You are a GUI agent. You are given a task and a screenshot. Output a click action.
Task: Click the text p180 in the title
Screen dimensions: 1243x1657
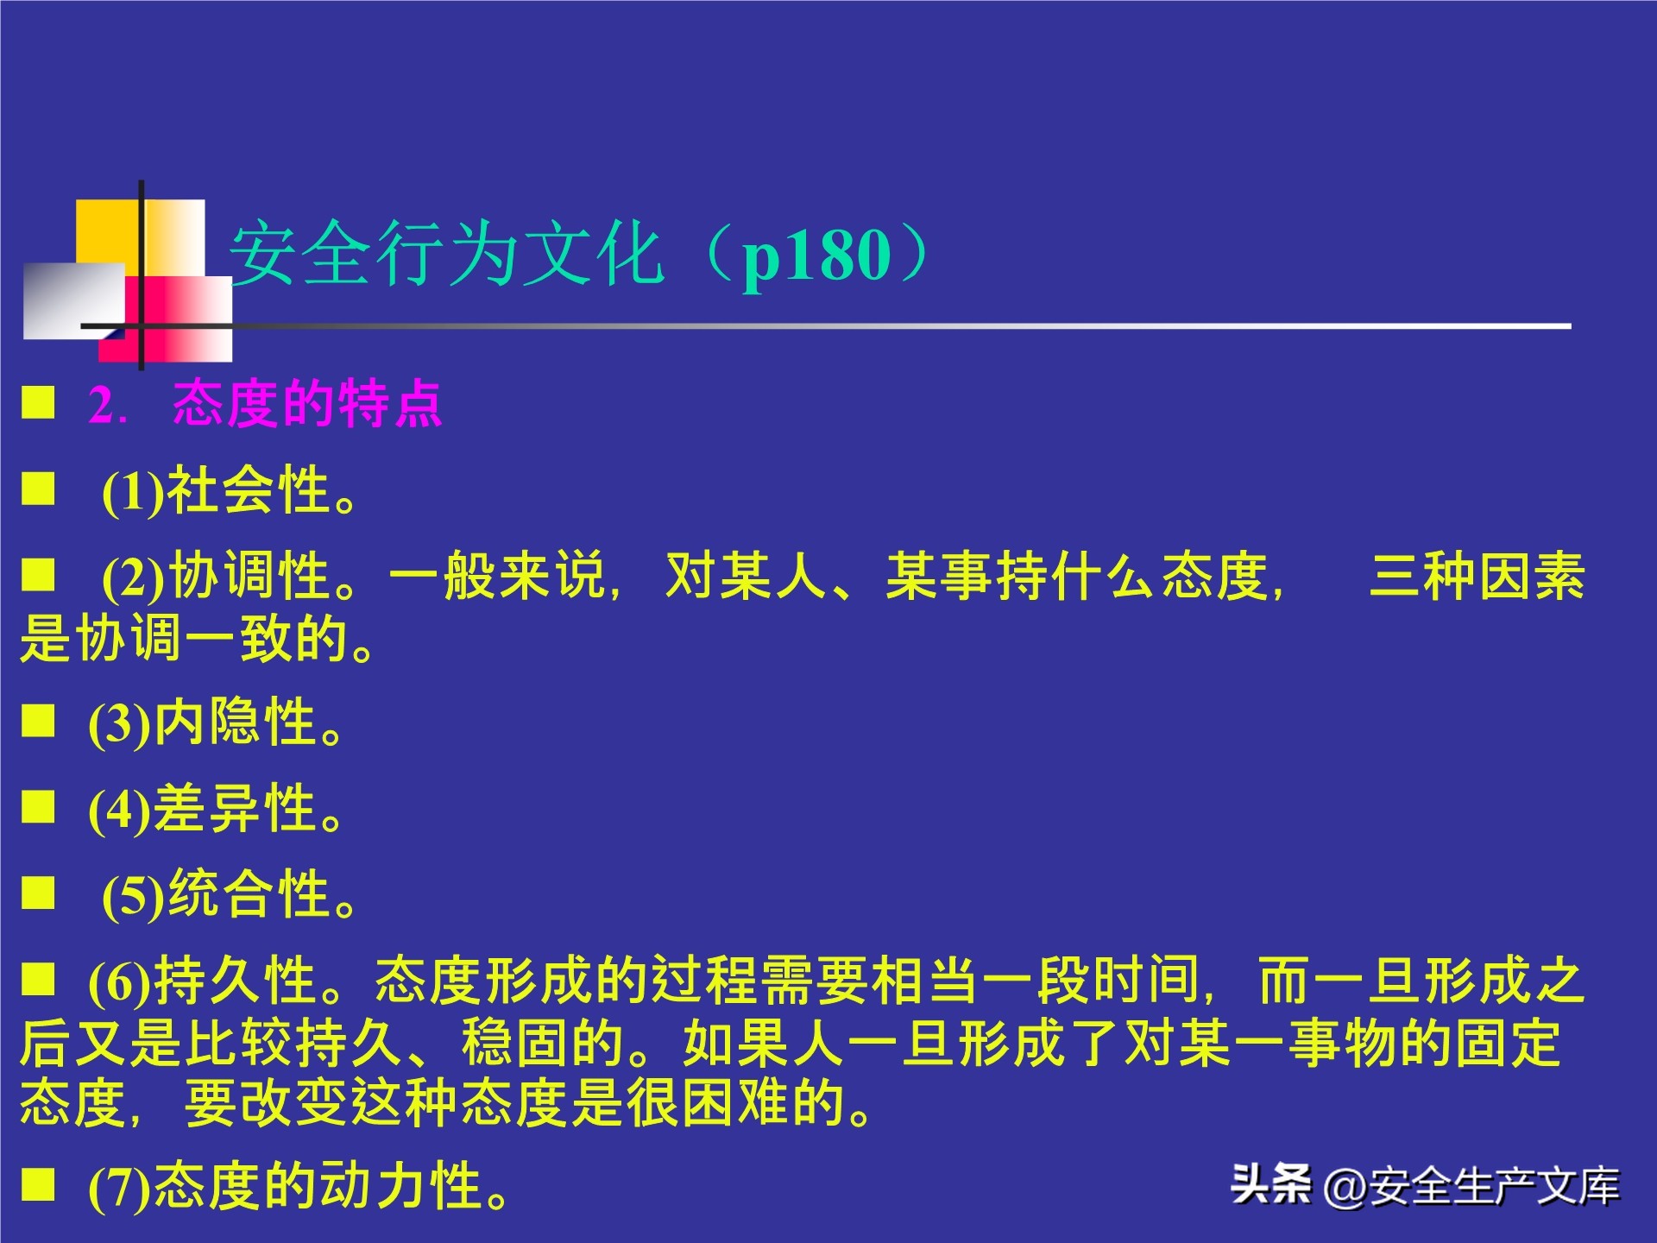tap(816, 256)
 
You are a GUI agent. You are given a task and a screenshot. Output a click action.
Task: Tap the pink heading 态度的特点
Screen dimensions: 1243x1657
tap(307, 404)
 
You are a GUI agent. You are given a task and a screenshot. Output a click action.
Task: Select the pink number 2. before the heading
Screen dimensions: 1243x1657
tap(107, 404)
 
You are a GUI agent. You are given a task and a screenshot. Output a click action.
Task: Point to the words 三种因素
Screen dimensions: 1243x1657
tap(1477, 577)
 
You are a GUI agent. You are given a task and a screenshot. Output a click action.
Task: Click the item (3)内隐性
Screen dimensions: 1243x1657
tap(216, 722)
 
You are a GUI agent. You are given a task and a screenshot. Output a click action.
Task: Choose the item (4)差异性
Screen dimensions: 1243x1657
tap(216, 809)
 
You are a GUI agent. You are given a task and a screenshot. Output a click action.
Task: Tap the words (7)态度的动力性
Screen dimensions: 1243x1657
tap(298, 1186)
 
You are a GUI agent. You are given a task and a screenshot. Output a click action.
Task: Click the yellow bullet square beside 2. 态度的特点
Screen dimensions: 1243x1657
tap(38, 402)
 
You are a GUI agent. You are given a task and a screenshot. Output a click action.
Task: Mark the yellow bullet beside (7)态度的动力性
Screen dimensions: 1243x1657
tap(38, 1184)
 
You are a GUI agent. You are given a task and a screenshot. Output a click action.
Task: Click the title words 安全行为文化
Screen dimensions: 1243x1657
tap(445, 255)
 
